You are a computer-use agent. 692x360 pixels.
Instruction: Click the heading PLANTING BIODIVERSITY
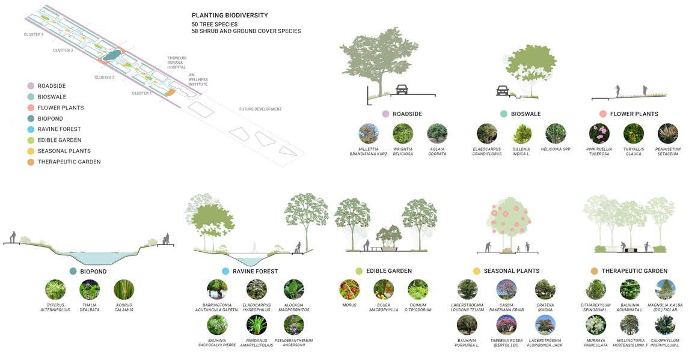[x=230, y=15]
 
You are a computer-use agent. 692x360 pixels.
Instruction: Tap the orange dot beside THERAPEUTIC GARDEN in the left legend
[x=30, y=162]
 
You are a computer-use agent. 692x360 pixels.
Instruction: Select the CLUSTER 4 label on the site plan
[x=34, y=35]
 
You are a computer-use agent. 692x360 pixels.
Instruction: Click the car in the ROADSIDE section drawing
[x=402, y=90]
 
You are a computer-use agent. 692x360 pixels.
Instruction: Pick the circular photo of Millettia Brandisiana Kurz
[x=369, y=133]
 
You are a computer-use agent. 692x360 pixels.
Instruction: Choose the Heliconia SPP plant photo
[x=556, y=133]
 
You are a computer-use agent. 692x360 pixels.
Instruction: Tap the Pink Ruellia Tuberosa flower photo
[x=599, y=133]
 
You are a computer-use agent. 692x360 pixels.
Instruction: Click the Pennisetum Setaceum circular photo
[x=668, y=133]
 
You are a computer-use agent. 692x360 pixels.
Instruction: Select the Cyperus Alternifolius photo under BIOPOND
[x=55, y=290]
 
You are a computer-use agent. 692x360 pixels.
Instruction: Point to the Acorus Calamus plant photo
[x=124, y=290]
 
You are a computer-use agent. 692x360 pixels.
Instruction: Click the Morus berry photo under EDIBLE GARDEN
[x=349, y=290]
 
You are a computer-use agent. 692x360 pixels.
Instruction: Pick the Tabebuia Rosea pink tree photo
[x=506, y=325]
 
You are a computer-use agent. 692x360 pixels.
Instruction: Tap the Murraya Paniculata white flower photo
[x=596, y=325]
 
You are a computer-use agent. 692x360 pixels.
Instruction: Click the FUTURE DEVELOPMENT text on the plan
[x=260, y=109]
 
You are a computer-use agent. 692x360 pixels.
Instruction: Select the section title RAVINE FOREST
[x=255, y=272]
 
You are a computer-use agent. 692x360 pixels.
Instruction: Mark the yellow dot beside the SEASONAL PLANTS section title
[x=477, y=271]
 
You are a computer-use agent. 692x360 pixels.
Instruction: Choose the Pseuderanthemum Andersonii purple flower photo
[x=293, y=325]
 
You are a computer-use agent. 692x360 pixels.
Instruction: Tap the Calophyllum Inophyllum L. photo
[x=665, y=325]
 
